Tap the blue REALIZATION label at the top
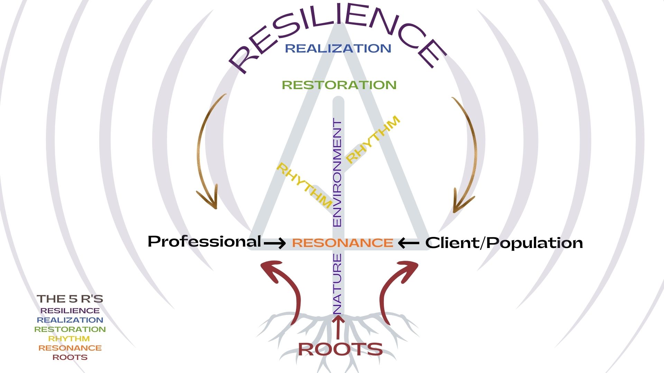click(x=338, y=48)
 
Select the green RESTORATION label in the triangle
click(x=339, y=85)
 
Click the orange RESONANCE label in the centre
click(x=342, y=243)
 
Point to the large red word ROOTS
click(x=340, y=349)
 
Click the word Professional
click(x=204, y=241)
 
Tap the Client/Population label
click(x=504, y=243)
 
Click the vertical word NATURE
click(x=337, y=283)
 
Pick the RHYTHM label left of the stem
click(x=304, y=185)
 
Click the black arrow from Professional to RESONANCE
click(x=275, y=243)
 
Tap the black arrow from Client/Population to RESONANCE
click(x=408, y=243)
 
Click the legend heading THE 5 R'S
click(x=70, y=299)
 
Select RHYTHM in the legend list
click(x=69, y=339)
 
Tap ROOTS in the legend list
click(x=70, y=357)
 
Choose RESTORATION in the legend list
click(x=70, y=329)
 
